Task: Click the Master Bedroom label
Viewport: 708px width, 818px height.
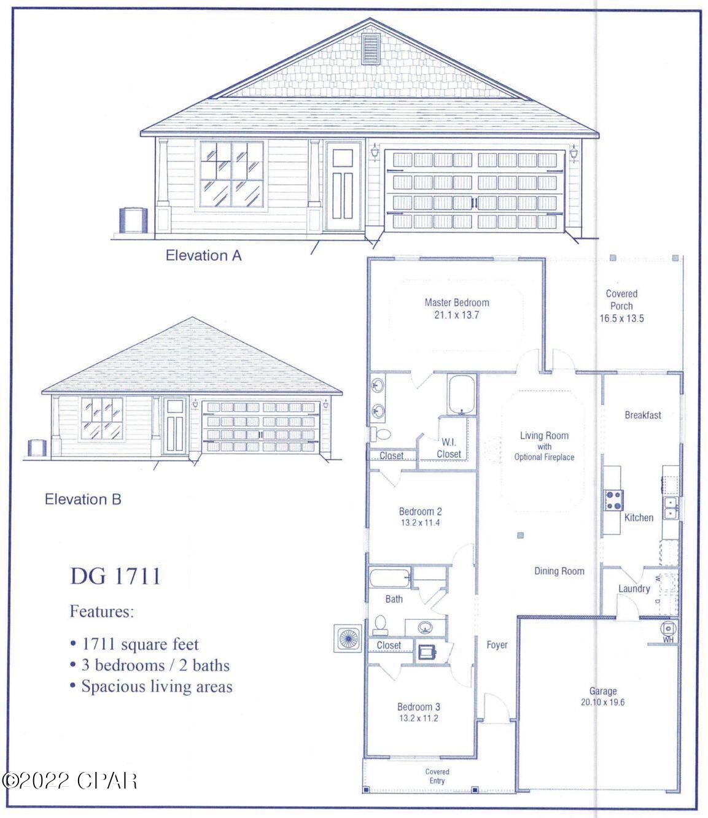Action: (x=457, y=303)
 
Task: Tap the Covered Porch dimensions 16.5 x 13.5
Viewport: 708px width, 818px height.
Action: (x=621, y=319)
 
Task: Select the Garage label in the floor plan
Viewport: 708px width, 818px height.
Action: (x=602, y=691)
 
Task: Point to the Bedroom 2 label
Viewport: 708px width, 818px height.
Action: (x=421, y=512)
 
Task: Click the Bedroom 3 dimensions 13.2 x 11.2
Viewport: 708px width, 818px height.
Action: (x=418, y=719)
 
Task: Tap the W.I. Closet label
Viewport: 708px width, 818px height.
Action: (x=449, y=448)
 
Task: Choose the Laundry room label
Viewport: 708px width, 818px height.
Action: (x=634, y=589)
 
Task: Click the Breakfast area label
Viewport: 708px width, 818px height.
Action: (x=643, y=415)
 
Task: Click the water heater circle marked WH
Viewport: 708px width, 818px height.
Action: (x=668, y=628)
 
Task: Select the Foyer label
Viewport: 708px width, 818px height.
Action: (x=497, y=645)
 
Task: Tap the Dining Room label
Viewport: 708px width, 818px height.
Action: (x=559, y=571)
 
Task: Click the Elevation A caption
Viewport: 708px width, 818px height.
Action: (x=203, y=255)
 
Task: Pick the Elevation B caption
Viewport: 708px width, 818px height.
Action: (x=83, y=500)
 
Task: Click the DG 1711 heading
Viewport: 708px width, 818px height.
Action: (x=115, y=576)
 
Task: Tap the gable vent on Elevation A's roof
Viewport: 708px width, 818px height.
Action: (x=372, y=49)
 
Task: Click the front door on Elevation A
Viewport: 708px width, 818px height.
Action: (x=343, y=186)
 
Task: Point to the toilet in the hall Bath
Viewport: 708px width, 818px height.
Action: (x=379, y=625)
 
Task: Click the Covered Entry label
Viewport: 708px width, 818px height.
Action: (x=437, y=776)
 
